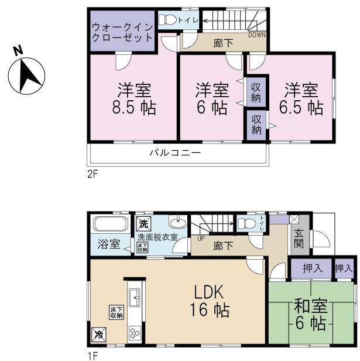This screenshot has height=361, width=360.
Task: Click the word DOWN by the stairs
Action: point(256,35)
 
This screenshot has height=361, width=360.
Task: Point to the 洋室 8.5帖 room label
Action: point(135,99)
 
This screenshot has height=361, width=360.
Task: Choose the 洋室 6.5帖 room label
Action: point(301,99)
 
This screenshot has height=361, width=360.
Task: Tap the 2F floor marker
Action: point(93,174)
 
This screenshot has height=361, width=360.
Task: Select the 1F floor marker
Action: point(92,355)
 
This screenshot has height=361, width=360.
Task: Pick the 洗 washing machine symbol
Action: point(143,224)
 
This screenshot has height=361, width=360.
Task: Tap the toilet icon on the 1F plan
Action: point(246,223)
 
